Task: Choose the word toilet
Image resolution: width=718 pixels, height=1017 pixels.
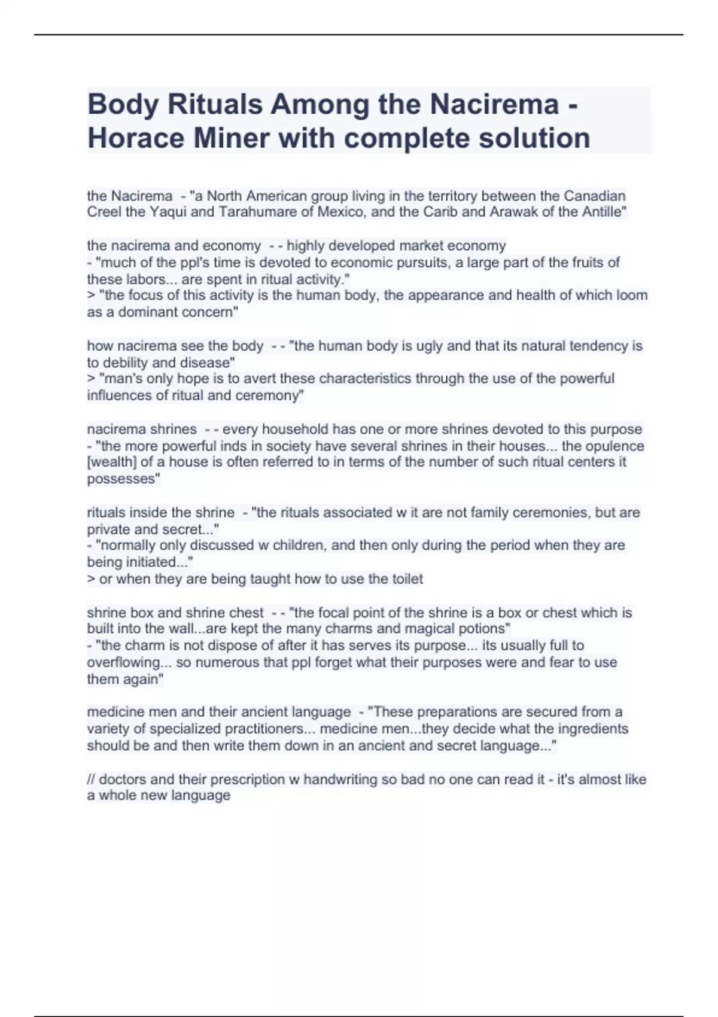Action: (407, 578)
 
